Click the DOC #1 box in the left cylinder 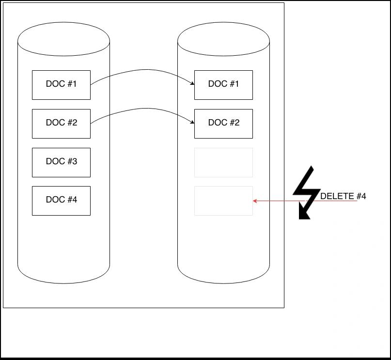[x=62, y=85]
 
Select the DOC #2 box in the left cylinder [x=62, y=124]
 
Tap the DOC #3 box [x=62, y=162]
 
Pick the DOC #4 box [x=62, y=201]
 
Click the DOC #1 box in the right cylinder [x=223, y=85]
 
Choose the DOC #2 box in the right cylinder [x=223, y=124]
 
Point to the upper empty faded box [x=223, y=162]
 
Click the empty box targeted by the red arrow [x=223, y=201]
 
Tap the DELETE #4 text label [x=343, y=196]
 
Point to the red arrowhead [x=255, y=201]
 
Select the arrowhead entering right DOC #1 [x=192, y=83]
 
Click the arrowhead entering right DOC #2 [x=192, y=122]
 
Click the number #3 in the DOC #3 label [x=72, y=161]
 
